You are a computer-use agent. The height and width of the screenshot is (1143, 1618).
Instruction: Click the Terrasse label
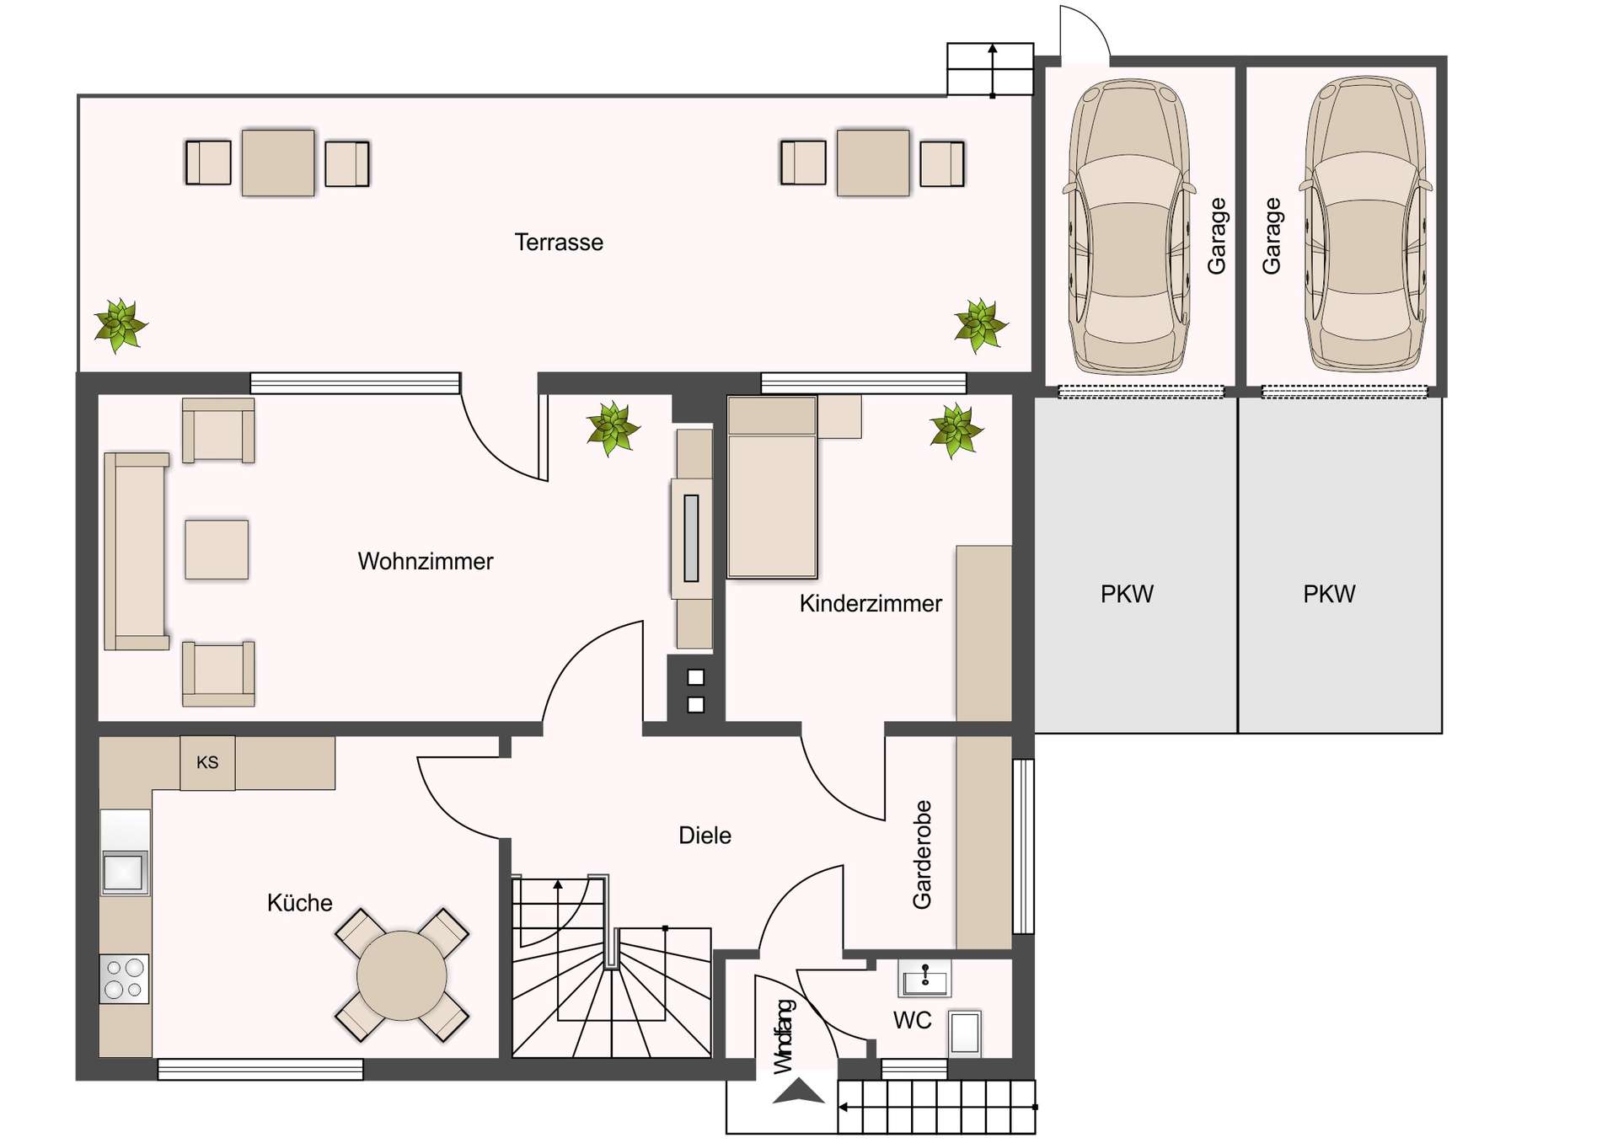(559, 243)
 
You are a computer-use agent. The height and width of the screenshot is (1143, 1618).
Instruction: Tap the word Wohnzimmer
(425, 561)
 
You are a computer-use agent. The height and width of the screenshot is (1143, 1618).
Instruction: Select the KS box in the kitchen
(207, 762)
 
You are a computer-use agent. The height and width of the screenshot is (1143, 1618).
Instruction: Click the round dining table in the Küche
(402, 975)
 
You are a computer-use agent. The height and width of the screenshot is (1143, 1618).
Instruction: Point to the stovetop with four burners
(124, 979)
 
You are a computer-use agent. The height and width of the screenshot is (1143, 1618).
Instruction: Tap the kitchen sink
(124, 872)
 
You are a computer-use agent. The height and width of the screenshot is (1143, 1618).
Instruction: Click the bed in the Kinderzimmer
(772, 497)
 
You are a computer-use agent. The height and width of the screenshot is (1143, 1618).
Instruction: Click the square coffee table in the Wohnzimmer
(217, 549)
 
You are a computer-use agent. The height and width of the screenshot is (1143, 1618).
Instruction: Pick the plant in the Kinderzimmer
(956, 430)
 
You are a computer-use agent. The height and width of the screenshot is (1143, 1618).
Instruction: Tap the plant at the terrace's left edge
(121, 325)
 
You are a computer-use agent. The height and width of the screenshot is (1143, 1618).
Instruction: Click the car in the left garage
(1129, 227)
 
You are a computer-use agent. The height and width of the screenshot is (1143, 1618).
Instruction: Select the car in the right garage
(1365, 226)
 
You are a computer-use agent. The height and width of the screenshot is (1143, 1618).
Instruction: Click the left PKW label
(1127, 594)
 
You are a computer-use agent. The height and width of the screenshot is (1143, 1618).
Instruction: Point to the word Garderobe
(922, 854)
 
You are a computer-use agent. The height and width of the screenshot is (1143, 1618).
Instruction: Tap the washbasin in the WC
(924, 980)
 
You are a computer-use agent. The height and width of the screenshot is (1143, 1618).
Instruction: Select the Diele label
(705, 836)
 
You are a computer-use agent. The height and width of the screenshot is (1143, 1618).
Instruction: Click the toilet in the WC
(965, 1033)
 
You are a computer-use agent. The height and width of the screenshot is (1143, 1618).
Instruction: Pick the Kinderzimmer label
(871, 603)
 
